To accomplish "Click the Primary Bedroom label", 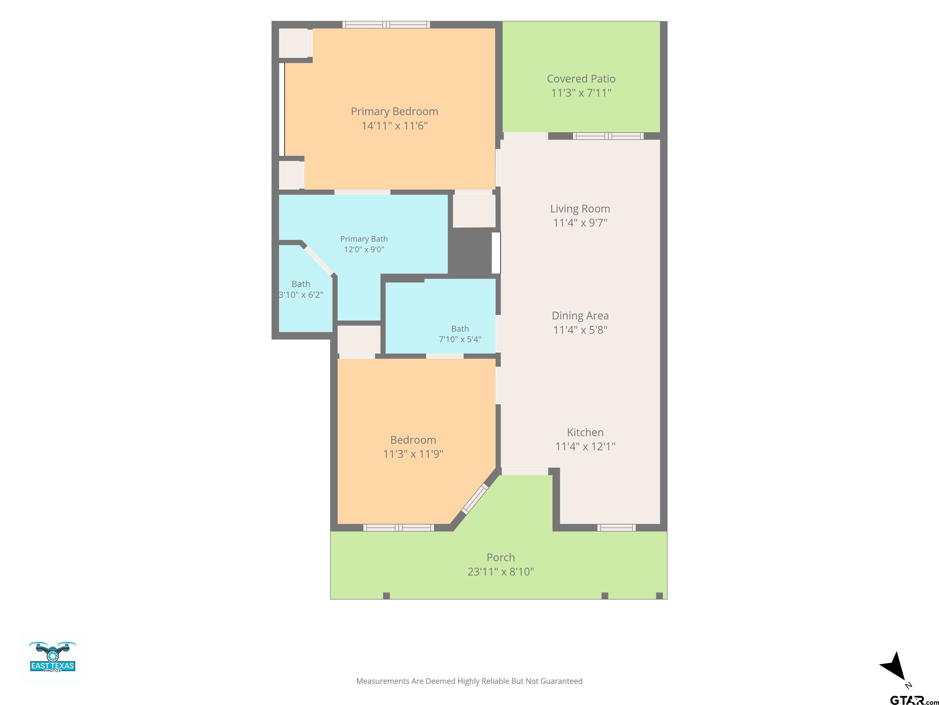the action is coord(394,111).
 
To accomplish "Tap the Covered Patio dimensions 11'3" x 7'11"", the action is coord(581,93).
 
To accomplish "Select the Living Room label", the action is coord(580,209).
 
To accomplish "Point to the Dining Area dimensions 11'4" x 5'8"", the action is coord(580,330).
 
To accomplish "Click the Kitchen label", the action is coord(585,432).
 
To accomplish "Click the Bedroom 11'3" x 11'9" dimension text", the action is coord(413,454).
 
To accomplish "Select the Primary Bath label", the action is coord(364,239).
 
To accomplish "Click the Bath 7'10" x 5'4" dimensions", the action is coord(460,339).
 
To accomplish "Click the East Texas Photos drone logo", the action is coord(53,657).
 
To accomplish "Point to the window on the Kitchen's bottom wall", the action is coord(617,528).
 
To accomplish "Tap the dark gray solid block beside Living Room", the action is coord(470,252).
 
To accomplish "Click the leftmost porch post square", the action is coord(386,596).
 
